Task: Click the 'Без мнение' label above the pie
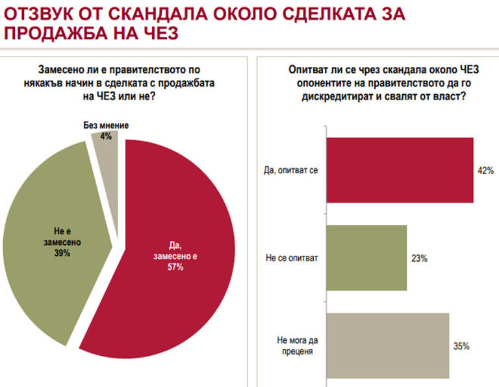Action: click(107, 125)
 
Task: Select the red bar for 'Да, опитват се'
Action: click(399, 170)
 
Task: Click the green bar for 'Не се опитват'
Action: click(365, 258)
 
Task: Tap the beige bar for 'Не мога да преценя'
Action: click(387, 345)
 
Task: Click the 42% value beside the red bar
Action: click(485, 171)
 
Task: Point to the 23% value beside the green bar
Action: click(419, 258)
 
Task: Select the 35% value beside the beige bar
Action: click(461, 346)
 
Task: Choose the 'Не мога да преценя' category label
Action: click(294, 345)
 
